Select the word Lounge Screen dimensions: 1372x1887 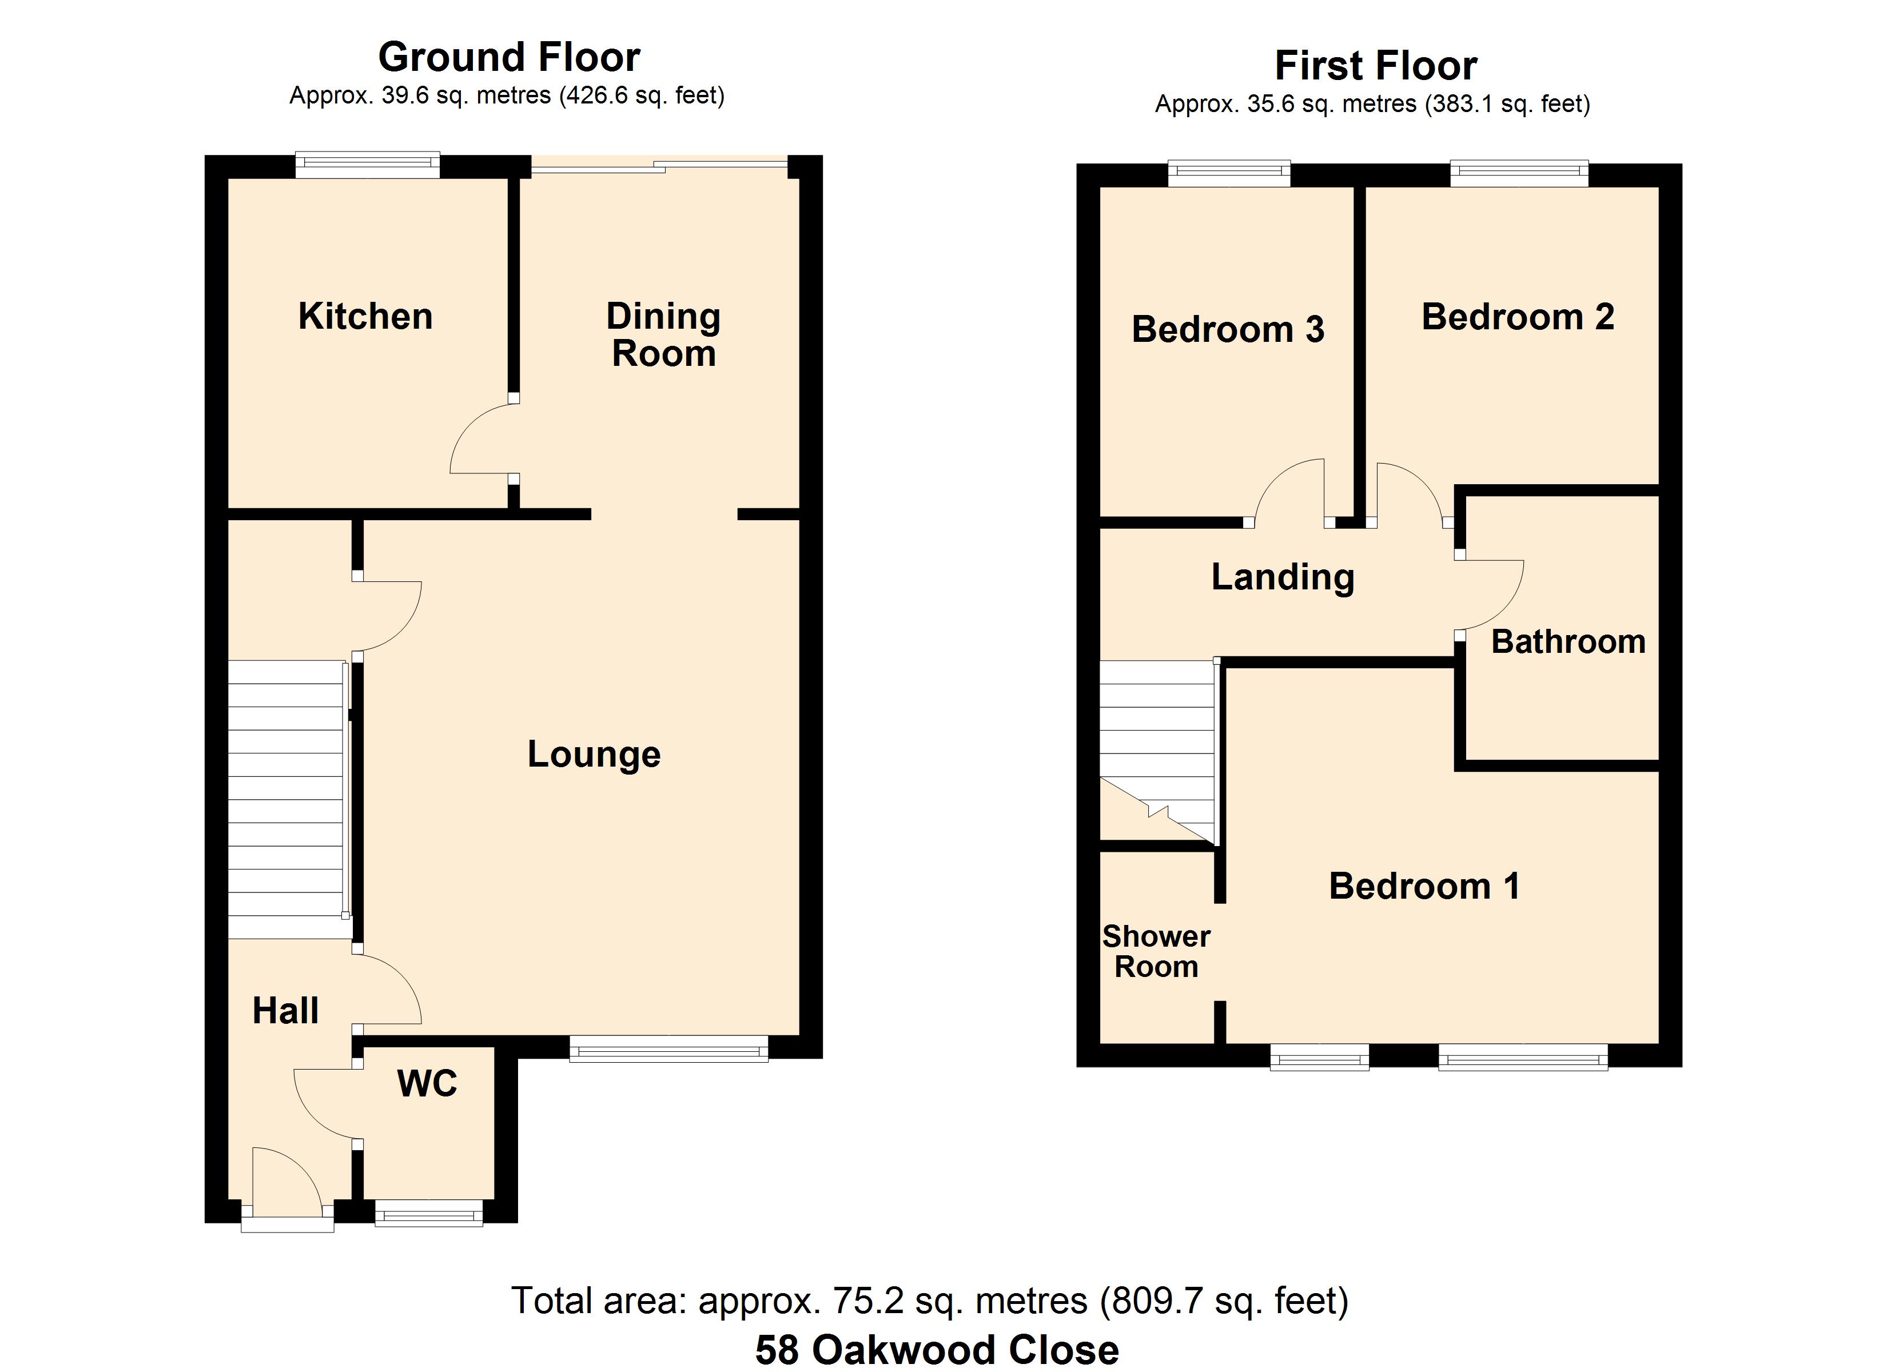(594, 755)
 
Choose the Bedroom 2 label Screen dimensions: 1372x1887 (1518, 317)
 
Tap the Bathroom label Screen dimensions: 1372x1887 (1567, 641)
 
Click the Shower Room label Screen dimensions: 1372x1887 (1156, 952)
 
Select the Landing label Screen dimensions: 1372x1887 (1282, 577)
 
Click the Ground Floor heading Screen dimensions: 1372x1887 (509, 57)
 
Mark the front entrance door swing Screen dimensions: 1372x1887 (285, 1182)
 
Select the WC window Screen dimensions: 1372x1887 (428, 1214)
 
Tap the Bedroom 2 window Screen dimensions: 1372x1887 (1519, 173)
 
